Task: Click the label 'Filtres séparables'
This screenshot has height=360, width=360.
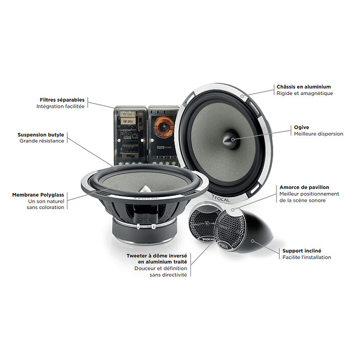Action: [x=62, y=100]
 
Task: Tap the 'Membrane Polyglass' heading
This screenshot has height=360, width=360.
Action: [x=38, y=195]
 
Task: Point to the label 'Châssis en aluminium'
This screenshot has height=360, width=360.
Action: [x=303, y=87]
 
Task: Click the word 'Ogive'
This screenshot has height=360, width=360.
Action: [x=301, y=127]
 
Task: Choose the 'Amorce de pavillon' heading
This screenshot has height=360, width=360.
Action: [x=304, y=187]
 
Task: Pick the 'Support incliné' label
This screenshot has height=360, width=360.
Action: [x=302, y=251]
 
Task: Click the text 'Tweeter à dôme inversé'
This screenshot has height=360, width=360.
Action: [x=157, y=255]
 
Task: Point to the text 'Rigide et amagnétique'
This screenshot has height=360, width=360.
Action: [x=304, y=93]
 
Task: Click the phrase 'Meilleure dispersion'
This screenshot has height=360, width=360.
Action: [x=318, y=134]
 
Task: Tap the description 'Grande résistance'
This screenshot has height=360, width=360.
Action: [x=42, y=141]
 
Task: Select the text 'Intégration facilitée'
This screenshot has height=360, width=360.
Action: [x=60, y=106]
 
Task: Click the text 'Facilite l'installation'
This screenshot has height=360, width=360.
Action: [x=306, y=257]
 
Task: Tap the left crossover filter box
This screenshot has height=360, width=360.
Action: [x=128, y=134]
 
